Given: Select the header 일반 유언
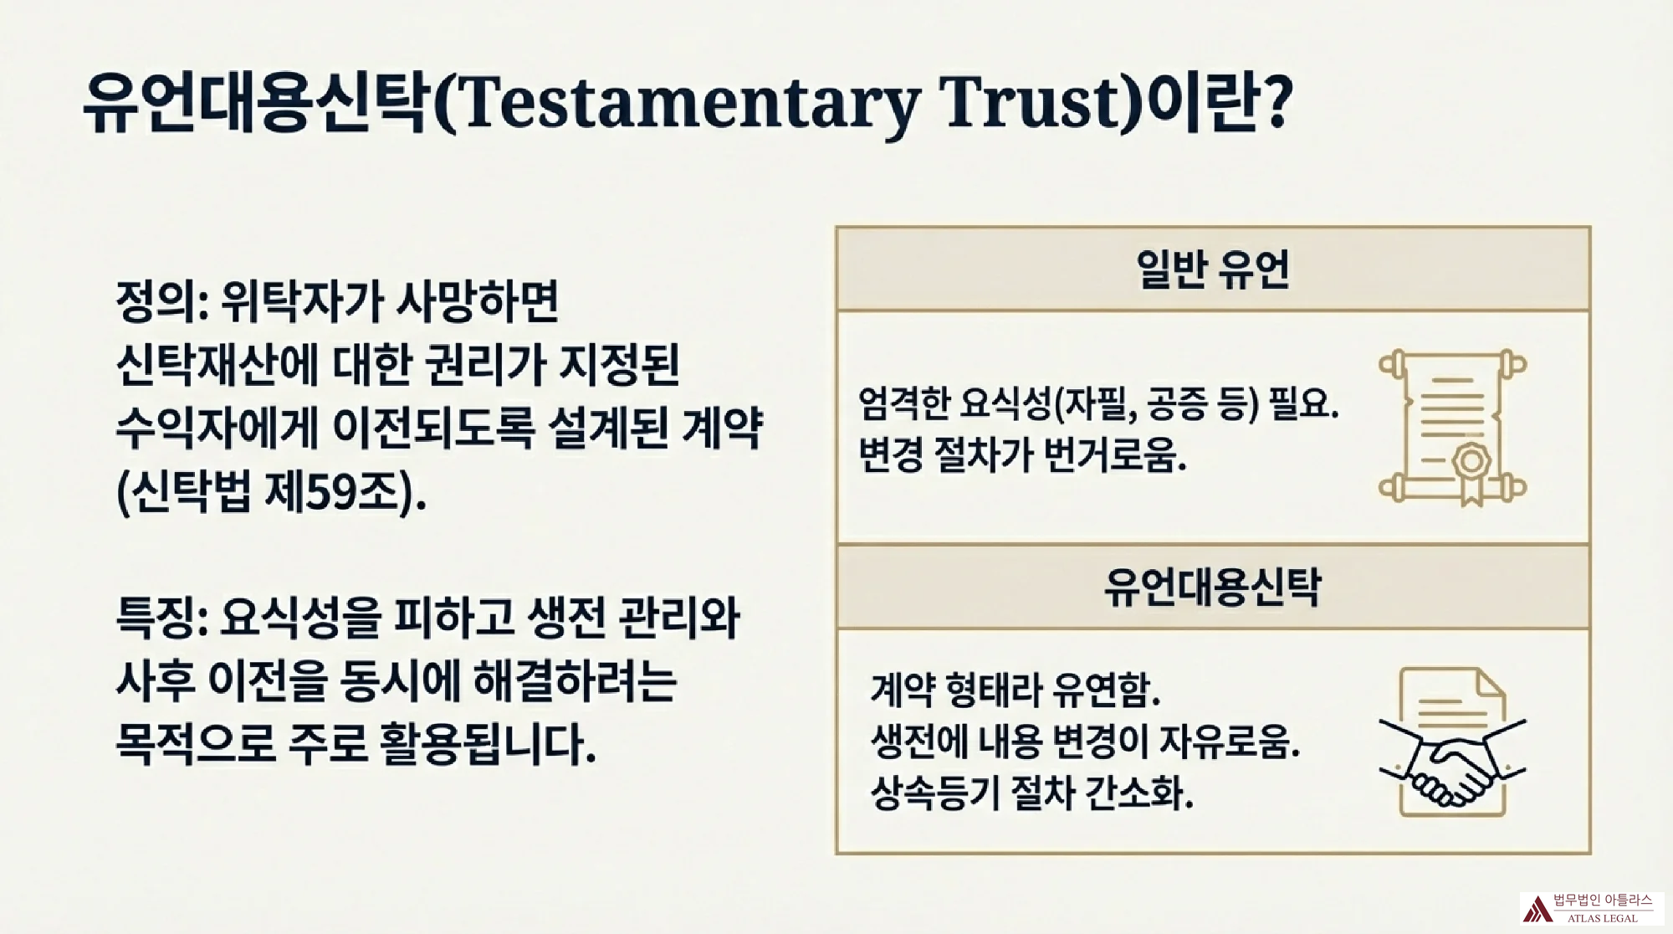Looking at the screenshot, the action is pyautogui.click(x=1212, y=269).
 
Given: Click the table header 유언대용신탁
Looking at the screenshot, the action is pyautogui.click(x=1212, y=587).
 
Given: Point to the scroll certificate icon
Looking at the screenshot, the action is pyautogui.click(x=1452, y=428).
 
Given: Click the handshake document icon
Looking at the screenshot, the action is pyautogui.click(x=1452, y=742).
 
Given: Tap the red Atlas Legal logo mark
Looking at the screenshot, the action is pyautogui.click(x=1537, y=909).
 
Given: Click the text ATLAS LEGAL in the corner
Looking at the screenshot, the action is pyautogui.click(x=1603, y=918).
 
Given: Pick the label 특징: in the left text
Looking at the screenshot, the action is pyautogui.click(x=162, y=618).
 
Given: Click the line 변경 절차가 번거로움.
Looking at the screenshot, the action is pyautogui.click(x=1022, y=456).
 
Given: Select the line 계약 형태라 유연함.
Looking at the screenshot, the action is pyautogui.click(x=1016, y=690).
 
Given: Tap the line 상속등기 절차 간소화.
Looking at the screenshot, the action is pyautogui.click(x=1031, y=792).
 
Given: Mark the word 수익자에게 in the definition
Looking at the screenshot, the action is pyautogui.click(x=217, y=429).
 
